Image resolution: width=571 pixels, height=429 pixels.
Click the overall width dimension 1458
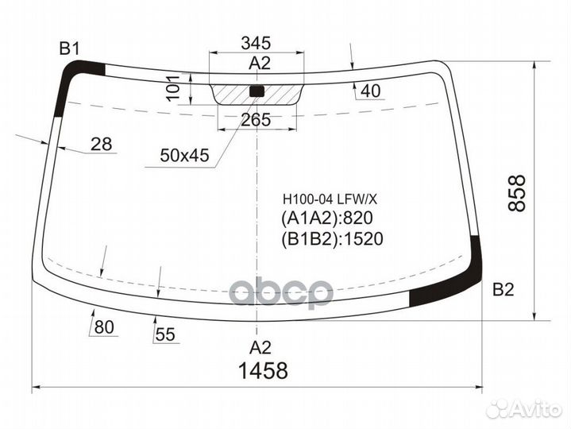[x=260, y=370]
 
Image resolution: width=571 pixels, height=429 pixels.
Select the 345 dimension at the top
[x=257, y=43]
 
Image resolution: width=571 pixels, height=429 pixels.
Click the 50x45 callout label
[x=183, y=157]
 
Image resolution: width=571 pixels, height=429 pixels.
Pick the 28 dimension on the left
[x=101, y=144]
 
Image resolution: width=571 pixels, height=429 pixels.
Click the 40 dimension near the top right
[x=370, y=92]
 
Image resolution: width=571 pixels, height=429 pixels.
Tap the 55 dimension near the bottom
[x=164, y=335]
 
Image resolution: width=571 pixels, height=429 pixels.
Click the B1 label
[x=70, y=49]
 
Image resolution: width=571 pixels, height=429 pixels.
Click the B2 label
[x=503, y=289]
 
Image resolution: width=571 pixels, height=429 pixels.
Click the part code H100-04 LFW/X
[x=326, y=199]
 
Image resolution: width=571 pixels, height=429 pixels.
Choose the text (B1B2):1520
[x=331, y=239]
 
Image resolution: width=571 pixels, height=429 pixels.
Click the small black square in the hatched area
[x=257, y=91]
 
